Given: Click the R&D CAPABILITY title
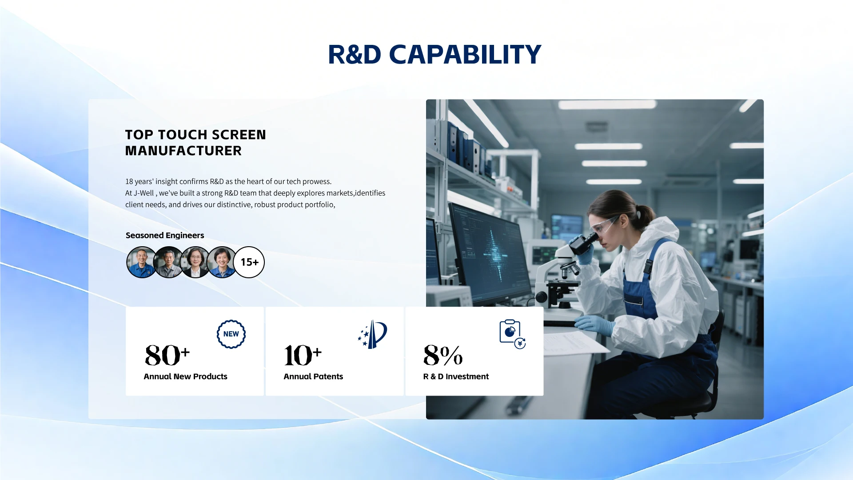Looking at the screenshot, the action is (434, 55).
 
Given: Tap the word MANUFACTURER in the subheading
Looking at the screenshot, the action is (183, 151).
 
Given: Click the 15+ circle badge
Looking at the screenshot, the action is (249, 262).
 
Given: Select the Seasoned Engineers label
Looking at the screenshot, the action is (165, 235).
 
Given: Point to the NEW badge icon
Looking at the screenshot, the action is (231, 334).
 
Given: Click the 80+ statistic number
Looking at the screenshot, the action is (167, 355).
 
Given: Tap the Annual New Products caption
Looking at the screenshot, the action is (185, 376).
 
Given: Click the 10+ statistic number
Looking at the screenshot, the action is (303, 355).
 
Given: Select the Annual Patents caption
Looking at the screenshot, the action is (313, 376).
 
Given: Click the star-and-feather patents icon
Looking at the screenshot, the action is (373, 334).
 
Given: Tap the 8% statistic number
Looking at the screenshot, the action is (443, 355).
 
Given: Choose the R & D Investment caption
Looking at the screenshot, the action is (456, 376).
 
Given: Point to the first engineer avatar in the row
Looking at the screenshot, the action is (142, 262).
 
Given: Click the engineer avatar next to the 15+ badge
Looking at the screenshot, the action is (221, 262).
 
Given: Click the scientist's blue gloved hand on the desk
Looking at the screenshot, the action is (594, 324).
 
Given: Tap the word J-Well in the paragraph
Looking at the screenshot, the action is (143, 193).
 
